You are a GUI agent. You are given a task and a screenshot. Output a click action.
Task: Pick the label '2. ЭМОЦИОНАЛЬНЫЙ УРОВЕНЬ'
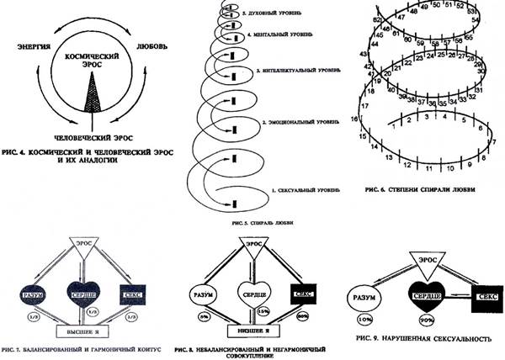298,123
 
